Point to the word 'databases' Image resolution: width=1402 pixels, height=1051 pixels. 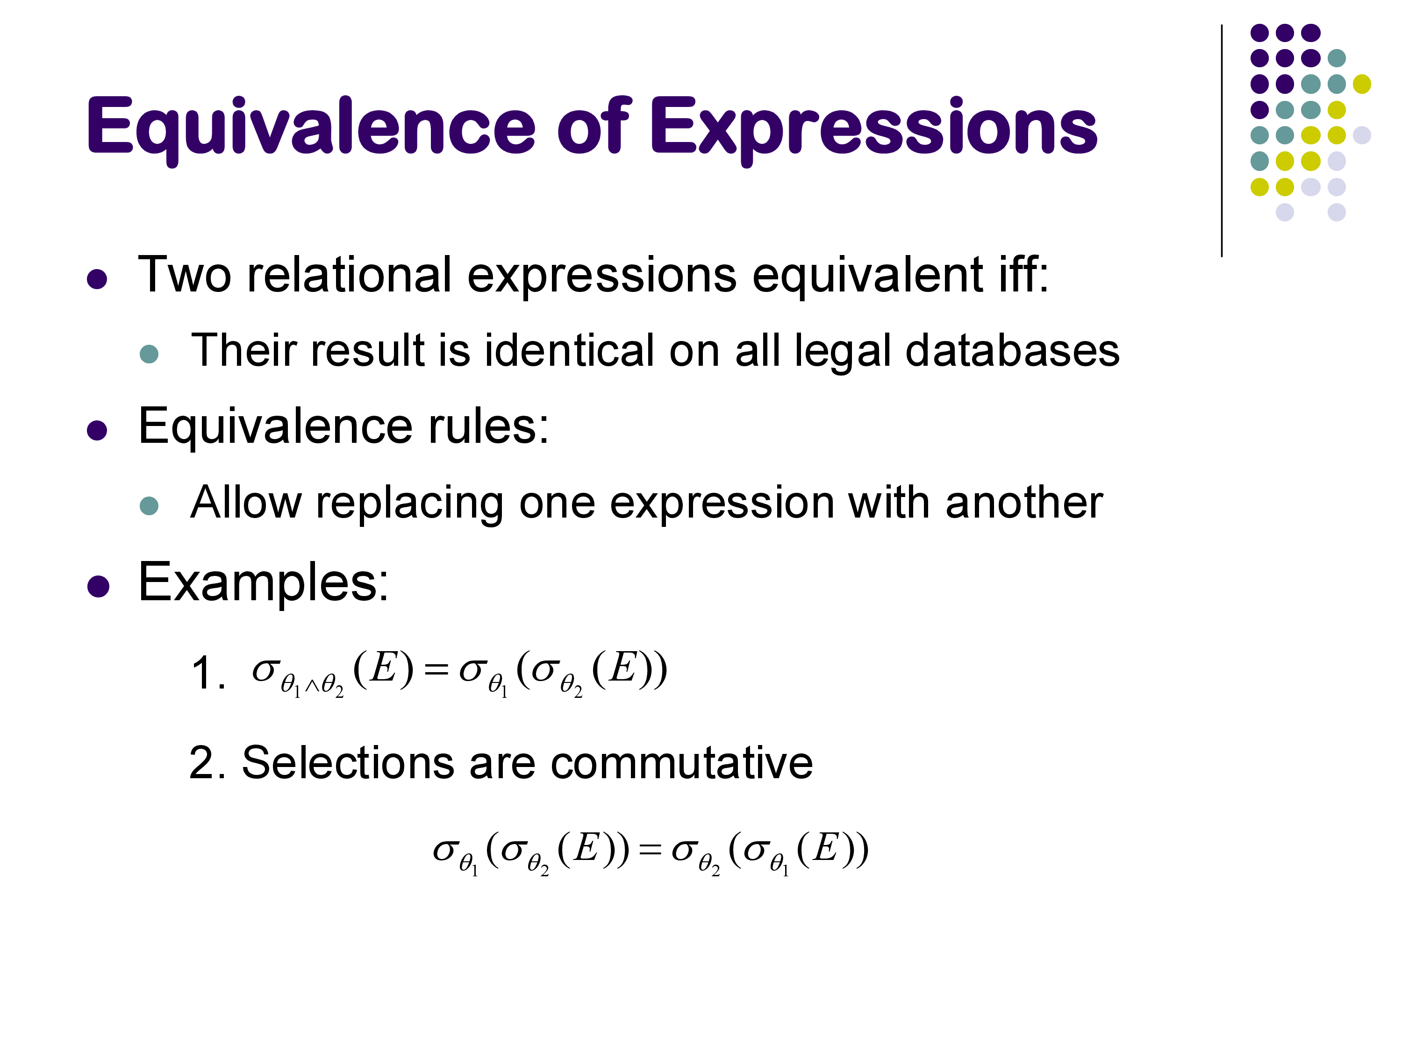point(1012,351)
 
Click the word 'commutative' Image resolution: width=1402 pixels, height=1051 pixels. point(681,762)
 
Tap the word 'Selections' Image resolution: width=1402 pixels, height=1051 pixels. point(348,762)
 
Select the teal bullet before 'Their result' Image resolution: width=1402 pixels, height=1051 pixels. point(149,354)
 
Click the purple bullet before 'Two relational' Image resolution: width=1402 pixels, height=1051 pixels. point(97,279)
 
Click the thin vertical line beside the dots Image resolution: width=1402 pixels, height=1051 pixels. point(1221,141)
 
